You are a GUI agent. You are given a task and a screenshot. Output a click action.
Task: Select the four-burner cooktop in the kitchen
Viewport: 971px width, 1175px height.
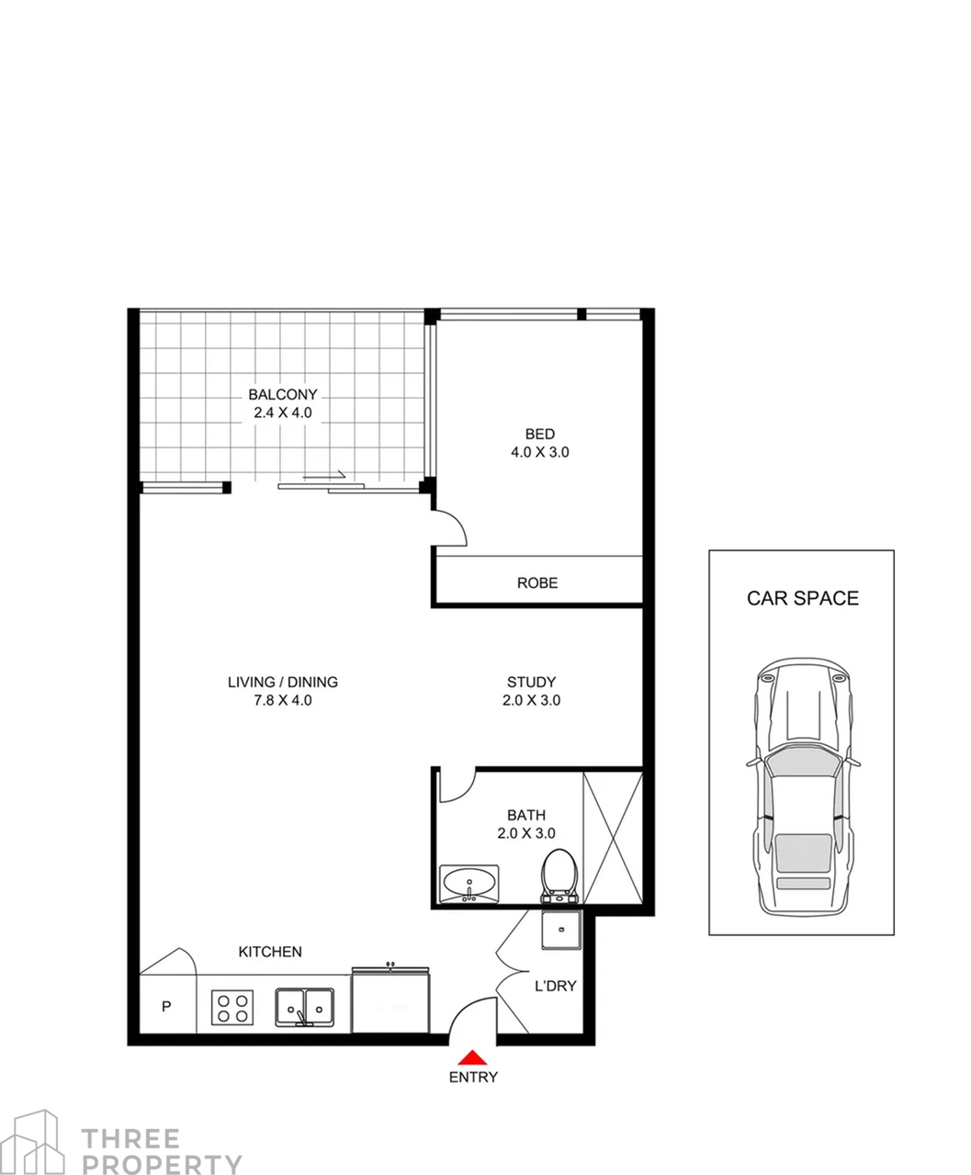tap(232, 1007)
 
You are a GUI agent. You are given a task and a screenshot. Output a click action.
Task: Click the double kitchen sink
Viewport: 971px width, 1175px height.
tap(304, 1007)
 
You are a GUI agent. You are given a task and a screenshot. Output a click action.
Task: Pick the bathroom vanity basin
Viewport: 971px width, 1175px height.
tap(469, 884)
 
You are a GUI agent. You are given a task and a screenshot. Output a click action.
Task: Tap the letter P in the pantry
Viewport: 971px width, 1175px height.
tap(166, 1006)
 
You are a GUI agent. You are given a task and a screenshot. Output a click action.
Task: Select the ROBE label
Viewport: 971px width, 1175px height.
tap(537, 583)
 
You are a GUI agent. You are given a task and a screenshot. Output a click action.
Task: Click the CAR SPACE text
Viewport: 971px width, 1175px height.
tap(803, 598)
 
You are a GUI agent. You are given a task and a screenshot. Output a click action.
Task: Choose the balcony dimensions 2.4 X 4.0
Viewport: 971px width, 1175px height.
tap(283, 412)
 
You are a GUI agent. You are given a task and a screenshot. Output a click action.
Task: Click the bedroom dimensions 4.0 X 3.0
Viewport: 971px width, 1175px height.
tap(540, 452)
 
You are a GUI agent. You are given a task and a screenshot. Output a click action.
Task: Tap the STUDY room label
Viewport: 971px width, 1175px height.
tap(531, 682)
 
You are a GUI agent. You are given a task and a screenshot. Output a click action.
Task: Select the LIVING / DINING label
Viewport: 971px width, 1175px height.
tap(283, 682)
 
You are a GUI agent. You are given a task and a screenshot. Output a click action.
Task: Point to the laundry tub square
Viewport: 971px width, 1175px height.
tap(561, 930)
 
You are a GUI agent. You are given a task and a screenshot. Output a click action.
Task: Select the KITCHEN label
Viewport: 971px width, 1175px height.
tap(270, 952)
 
